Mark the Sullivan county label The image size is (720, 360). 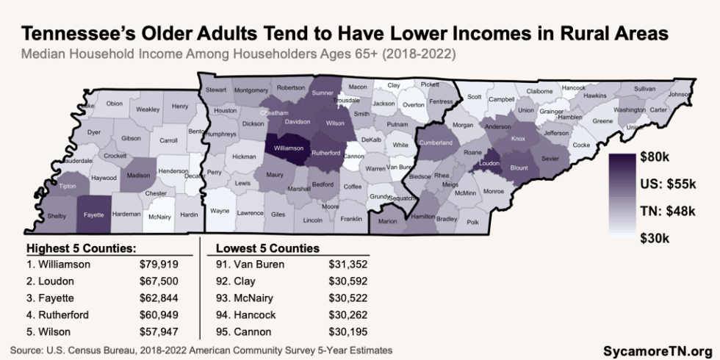[x=644, y=88]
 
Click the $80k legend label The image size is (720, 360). [x=659, y=158]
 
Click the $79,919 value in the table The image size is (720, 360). [x=159, y=263]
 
